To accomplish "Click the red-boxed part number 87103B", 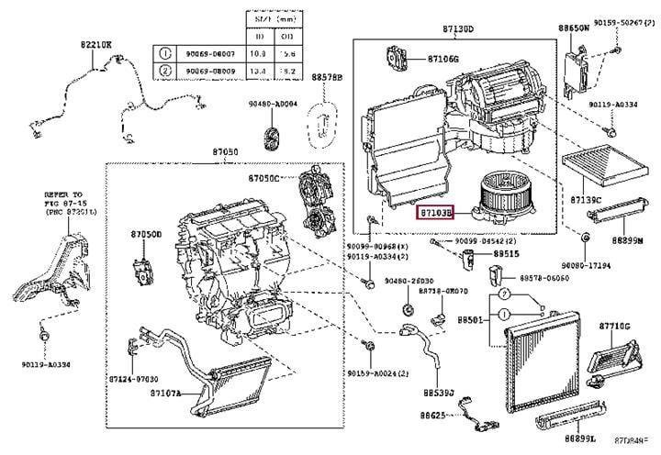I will pyautogui.click(x=434, y=213).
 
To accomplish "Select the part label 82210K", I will pyautogui.click(x=95, y=44).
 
